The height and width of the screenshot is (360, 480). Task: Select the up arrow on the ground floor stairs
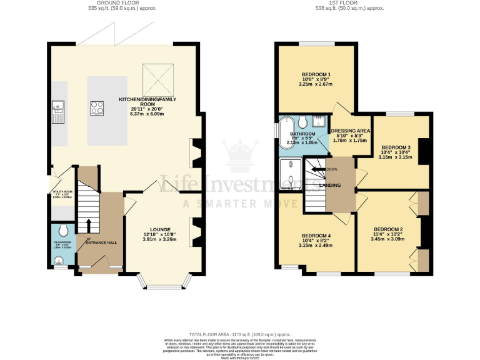point(88,226)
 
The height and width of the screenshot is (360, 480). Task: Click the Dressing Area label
point(350,131)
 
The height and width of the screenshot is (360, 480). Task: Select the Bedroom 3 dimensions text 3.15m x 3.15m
point(394,157)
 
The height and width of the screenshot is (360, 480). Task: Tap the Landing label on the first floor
point(329,185)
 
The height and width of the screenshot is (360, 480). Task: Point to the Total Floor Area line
point(240,335)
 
